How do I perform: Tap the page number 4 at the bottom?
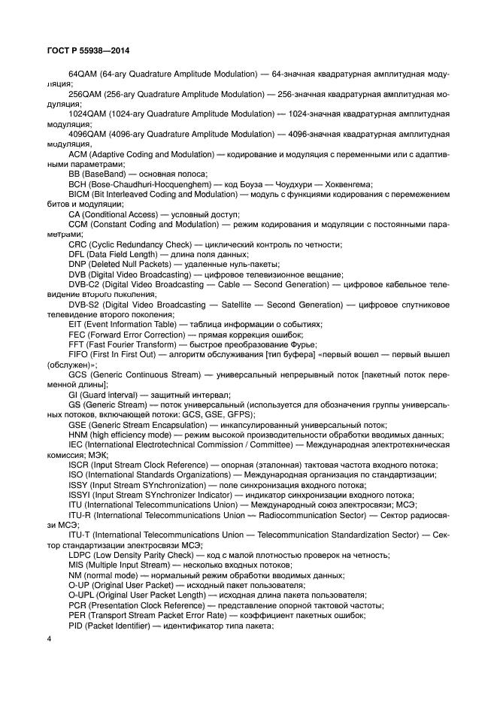[50, 639]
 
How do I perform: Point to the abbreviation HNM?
[77, 434]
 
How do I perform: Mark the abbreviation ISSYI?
[80, 494]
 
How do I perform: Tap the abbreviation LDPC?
[79, 554]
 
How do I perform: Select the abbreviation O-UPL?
[80, 594]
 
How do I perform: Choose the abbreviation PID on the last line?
[75, 624]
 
